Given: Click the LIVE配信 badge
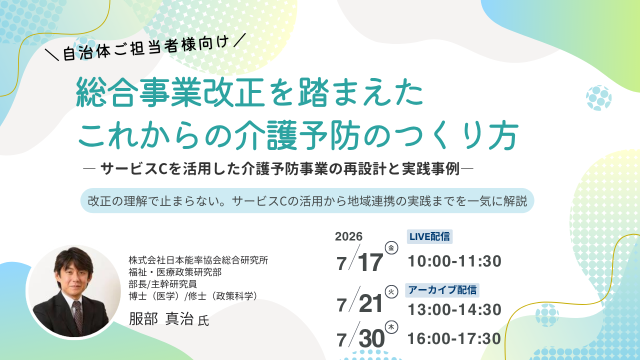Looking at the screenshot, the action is (429, 236).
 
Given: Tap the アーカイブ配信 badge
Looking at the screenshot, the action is (442, 290).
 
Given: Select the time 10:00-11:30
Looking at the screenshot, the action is (454, 261).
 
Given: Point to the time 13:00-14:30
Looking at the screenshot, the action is (454, 309).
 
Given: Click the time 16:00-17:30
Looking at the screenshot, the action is (454, 338).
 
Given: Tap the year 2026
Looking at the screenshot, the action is (348, 236).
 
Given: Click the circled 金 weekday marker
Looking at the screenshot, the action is (391, 247).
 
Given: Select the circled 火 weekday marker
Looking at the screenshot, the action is (391, 291).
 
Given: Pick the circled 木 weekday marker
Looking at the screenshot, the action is (391, 327).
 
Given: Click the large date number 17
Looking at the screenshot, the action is (370, 262).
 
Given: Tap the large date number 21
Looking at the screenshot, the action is (370, 303).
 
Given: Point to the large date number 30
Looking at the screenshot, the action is (371, 338).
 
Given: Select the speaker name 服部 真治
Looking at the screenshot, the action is (161, 318).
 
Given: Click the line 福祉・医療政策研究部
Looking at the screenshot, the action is (175, 272).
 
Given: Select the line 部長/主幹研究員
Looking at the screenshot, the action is (163, 284).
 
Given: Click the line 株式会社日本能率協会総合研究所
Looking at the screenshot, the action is (198, 260).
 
